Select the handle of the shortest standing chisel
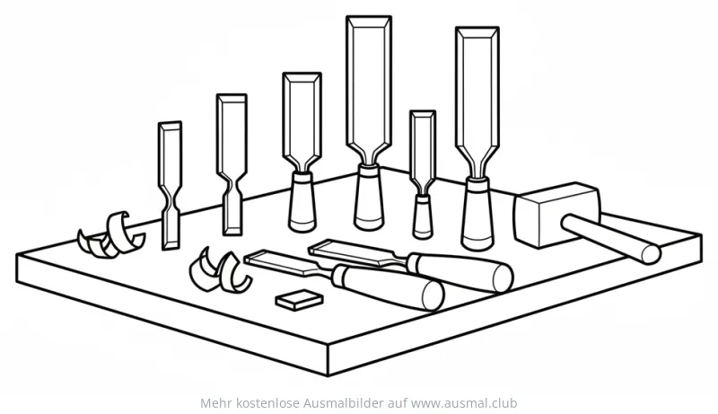422,216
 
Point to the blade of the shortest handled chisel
422,146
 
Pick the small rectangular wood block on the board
299,300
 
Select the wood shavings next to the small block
219,271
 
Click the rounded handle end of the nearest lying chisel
433,295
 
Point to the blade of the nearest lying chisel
287,262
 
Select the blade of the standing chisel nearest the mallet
477,101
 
